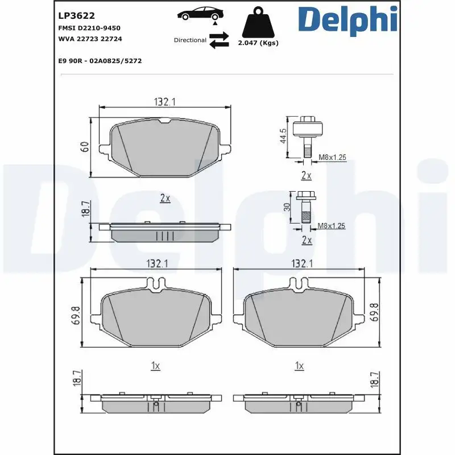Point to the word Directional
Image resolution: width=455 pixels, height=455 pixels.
pos(190,40)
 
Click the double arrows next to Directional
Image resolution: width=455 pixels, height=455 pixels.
pos(218,40)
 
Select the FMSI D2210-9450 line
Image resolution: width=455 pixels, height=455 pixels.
pos(89,28)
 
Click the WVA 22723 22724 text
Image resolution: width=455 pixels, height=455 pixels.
pos(90,39)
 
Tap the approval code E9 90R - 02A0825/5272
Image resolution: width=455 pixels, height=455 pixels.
pos(100,61)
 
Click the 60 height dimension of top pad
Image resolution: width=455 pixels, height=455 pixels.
pos(84,146)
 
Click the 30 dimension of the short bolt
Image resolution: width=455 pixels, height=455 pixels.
pos(287,208)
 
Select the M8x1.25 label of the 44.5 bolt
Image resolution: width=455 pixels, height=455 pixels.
pos(332,156)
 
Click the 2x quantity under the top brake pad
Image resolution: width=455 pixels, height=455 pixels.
pos(165,198)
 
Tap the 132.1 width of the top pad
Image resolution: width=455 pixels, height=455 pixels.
pos(164,102)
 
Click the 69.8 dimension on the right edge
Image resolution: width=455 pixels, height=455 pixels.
pos(374,312)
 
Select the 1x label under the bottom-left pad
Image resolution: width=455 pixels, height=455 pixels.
pos(155,366)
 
